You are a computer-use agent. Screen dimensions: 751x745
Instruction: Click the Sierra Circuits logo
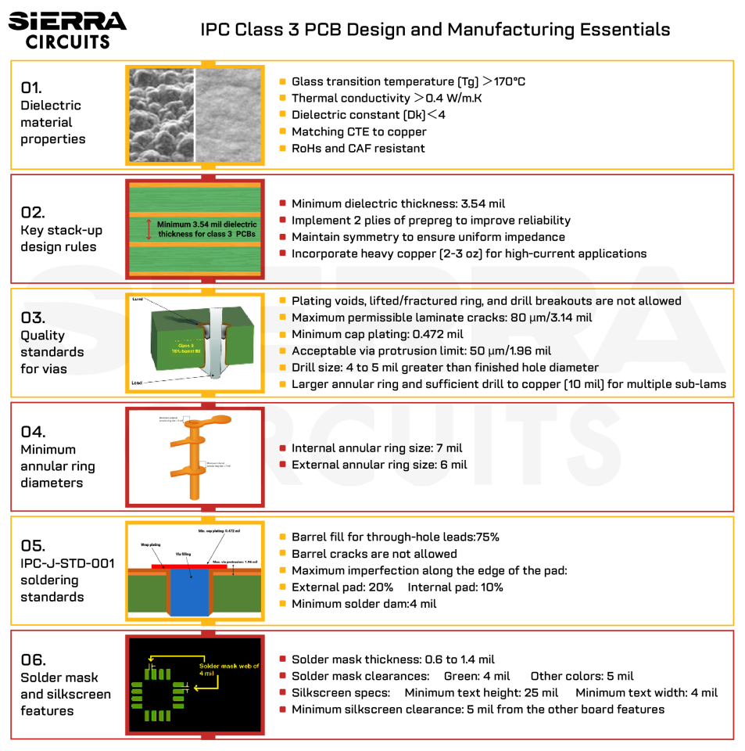tap(67, 30)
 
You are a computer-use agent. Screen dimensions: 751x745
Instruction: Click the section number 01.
tap(31, 88)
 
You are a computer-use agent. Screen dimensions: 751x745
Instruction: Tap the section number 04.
tap(33, 432)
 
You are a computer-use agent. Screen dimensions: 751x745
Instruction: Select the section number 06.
tap(33, 659)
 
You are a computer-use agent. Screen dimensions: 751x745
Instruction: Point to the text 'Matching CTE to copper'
tap(359, 131)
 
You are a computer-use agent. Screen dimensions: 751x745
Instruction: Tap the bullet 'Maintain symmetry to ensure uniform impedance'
tap(428, 237)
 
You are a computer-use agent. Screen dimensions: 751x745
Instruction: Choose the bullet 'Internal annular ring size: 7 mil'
tap(376, 448)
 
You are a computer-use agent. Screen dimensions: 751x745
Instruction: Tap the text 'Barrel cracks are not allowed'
tap(374, 554)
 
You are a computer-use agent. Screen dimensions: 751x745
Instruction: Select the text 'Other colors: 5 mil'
tap(582, 676)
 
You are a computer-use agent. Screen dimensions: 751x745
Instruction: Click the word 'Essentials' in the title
tap(624, 30)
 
